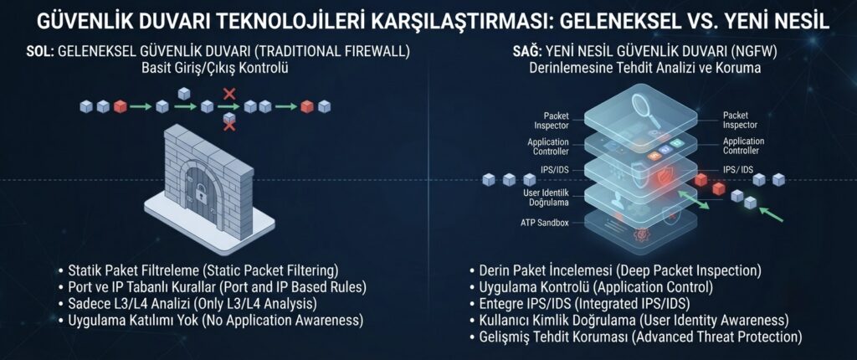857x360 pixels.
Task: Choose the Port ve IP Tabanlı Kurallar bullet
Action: (x=217, y=286)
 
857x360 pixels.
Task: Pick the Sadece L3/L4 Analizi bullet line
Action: (x=192, y=302)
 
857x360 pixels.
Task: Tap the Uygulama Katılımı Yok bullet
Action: (x=215, y=319)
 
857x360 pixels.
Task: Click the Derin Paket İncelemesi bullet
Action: (x=620, y=270)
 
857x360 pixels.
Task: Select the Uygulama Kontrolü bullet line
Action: (x=596, y=286)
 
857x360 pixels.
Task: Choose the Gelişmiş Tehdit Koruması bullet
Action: (x=640, y=336)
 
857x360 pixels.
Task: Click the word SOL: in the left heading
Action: (x=39, y=52)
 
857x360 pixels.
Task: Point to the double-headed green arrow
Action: (x=692, y=200)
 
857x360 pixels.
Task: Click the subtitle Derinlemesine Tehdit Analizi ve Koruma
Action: (x=644, y=69)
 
